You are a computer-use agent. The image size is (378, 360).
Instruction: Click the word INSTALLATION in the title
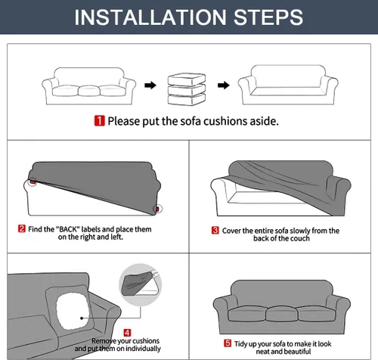tap(150, 17)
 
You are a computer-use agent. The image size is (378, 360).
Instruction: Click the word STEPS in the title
tap(268, 17)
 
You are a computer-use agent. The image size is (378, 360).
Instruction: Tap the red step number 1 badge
tap(100, 121)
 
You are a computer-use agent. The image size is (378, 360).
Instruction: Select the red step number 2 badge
tap(22, 229)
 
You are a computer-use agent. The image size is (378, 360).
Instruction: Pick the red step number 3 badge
tap(215, 230)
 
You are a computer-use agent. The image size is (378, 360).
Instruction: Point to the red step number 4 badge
tap(127, 333)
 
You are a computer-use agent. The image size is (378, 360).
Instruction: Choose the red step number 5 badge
tap(228, 343)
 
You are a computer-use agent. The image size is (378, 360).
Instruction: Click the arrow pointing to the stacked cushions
tap(150, 85)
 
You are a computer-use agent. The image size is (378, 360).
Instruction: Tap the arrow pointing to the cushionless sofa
tap(224, 85)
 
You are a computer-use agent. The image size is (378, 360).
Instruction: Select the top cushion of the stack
tap(187, 79)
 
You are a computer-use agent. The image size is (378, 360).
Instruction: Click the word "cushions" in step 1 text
tap(225, 121)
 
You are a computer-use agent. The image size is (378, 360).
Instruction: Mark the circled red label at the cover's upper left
tap(33, 182)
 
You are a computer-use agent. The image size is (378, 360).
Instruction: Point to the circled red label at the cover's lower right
tap(157, 209)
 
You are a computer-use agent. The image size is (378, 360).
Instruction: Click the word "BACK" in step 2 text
tap(67, 229)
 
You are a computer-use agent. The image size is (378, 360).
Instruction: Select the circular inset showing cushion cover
tap(141, 285)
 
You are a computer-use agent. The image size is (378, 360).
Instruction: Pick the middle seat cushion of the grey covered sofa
tap(282, 314)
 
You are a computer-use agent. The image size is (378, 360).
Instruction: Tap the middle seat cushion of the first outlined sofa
tap(89, 91)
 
